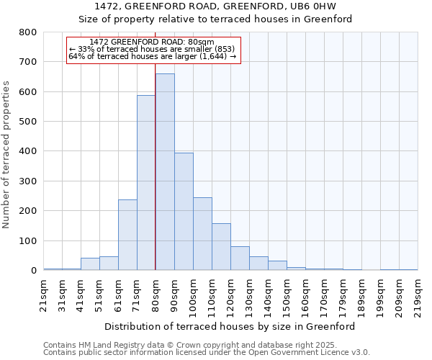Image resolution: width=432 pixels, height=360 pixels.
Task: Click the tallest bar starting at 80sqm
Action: pyautogui.click(x=165, y=172)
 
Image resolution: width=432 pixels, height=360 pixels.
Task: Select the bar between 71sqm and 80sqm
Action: pyautogui.click(x=146, y=183)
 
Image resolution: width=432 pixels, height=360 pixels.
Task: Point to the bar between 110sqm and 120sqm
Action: pyautogui.click(x=221, y=247)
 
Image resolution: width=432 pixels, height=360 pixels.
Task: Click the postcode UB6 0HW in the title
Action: pyautogui.click(x=311, y=6)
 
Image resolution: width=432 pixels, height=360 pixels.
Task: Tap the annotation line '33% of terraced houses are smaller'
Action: pyautogui.click(x=153, y=49)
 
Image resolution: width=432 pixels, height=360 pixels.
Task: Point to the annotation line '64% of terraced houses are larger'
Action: pyautogui.click(x=153, y=56)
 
